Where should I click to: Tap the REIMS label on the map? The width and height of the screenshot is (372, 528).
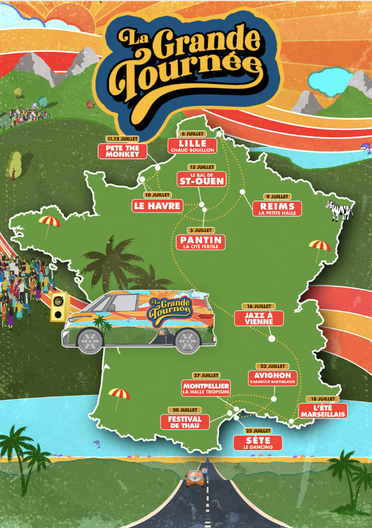click(x=277, y=208)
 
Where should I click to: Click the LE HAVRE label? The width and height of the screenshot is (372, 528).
click(x=157, y=205)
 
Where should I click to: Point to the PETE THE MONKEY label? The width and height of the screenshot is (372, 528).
click(x=123, y=150)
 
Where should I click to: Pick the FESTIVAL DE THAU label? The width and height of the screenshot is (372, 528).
click(x=184, y=421)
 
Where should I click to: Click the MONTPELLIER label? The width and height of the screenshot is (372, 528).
click(x=206, y=388)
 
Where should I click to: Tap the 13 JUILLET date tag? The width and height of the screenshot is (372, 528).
click(x=202, y=167)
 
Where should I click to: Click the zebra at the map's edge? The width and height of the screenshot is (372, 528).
click(x=339, y=209)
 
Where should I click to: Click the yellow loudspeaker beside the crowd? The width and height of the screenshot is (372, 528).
click(x=57, y=306)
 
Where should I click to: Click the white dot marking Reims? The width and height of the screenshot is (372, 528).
click(x=242, y=192)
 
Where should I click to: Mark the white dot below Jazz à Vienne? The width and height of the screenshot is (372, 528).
click(x=272, y=339)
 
